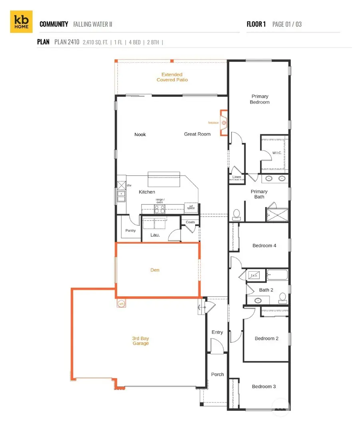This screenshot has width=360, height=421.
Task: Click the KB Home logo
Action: click(x=21, y=22)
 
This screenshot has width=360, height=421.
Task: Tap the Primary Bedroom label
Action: click(x=260, y=99)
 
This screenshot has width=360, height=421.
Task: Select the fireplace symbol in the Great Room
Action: click(x=224, y=123)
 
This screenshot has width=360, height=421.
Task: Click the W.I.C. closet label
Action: click(x=277, y=152)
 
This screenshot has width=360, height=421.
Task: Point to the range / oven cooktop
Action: click(x=160, y=208)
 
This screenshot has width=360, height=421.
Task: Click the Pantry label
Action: click(x=130, y=231)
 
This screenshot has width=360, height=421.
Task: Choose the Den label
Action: click(x=155, y=270)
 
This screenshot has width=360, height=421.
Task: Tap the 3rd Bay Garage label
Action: click(x=140, y=341)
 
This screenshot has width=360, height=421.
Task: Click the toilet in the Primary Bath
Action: click(x=236, y=215)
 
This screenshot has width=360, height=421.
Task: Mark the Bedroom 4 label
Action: click(x=264, y=246)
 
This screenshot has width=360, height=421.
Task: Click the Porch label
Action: click(x=218, y=375)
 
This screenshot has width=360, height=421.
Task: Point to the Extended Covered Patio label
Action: click(x=172, y=77)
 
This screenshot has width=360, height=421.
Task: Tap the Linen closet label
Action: click(x=237, y=177)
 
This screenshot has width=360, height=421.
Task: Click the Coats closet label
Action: click(x=190, y=222)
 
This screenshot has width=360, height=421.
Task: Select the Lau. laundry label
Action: click(x=155, y=235)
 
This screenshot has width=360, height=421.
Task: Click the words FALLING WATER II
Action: click(x=92, y=24)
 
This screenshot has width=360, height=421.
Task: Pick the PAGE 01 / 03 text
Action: click(x=287, y=24)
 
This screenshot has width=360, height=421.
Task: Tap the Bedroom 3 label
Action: click(x=264, y=387)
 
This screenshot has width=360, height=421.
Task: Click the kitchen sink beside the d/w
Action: click(x=121, y=196)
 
